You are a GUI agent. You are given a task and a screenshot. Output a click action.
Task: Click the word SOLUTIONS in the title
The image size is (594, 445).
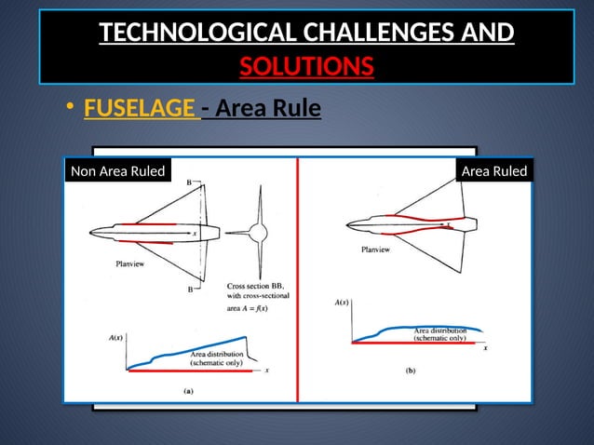[x=306, y=67]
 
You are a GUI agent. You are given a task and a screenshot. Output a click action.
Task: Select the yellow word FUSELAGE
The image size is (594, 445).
[x=140, y=110]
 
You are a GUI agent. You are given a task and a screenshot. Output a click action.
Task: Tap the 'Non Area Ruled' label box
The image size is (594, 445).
[x=117, y=171]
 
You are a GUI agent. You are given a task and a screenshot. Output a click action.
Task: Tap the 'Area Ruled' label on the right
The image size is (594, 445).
[x=494, y=171]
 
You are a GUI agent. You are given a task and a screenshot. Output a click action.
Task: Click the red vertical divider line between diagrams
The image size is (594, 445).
[x=297, y=279]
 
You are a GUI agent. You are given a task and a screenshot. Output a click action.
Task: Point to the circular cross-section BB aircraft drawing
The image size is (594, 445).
[x=254, y=233]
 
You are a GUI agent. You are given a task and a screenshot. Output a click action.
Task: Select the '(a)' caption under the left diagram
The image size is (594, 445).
[x=189, y=392]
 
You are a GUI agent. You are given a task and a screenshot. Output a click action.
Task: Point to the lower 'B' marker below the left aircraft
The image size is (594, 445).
[x=191, y=290]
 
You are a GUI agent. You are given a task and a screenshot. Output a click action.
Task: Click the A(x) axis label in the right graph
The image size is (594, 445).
[x=342, y=303]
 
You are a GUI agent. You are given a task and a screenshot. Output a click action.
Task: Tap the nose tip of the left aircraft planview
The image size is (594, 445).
[x=90, y=233]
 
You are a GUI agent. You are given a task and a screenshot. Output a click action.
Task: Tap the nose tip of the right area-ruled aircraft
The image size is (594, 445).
[x=345, y=224]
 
